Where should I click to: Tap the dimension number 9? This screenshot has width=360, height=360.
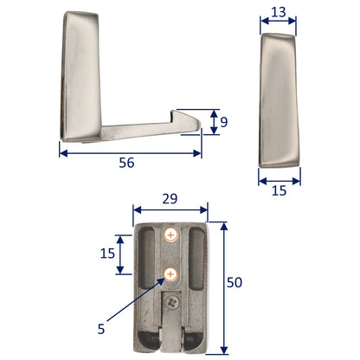pyautogui.click(x=225, y=122)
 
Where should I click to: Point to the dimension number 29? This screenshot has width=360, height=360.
pyautogui.click(x=170, y=198)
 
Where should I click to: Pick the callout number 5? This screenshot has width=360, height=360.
pyautogui.click(x=101, y=329)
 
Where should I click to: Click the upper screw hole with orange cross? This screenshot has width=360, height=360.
pyautogui.click(x=170, y=235)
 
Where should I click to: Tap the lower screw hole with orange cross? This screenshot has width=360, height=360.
pyautogui.click(x=170, y=274)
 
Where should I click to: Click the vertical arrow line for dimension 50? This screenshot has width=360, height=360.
pyautogui.click(x=222, y=285)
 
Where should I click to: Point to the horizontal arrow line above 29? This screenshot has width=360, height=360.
pyautogui.click(x=170, y=209)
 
